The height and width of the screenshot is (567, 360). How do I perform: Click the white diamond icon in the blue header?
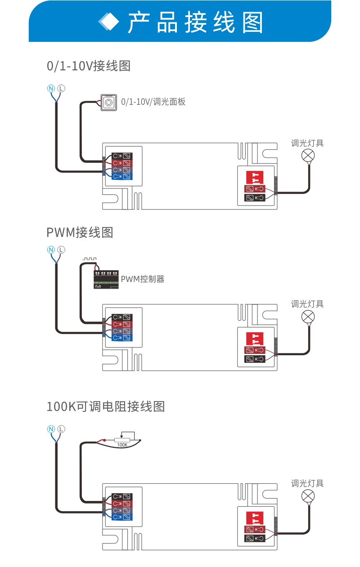tap(109, 22)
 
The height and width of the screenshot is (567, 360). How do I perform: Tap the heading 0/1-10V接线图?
tap(89, 66)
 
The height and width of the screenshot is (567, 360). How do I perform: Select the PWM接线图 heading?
tap(80, 232)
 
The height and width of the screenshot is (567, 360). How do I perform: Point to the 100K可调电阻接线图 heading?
tap(106, 406)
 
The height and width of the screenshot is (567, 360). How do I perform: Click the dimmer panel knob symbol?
tap(108, 102)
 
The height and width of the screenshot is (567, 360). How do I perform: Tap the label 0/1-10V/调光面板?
tap(153, 102)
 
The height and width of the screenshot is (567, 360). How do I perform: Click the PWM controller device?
tap(106, 279)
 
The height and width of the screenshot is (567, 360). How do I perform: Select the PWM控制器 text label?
tap(142, 279)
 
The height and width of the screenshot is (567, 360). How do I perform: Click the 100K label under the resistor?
tap(122, 445)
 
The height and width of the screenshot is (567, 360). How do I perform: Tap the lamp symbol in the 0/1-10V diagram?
tap(308, 156)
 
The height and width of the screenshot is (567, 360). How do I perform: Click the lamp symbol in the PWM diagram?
tap(308, 317)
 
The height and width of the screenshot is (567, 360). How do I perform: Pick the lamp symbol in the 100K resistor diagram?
tap(308, 496)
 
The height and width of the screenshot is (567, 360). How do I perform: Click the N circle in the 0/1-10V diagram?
tap(51, 88)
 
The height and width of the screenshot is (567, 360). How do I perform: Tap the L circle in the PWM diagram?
tap(61, 250)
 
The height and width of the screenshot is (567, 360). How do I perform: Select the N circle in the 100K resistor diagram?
tap(51, 429)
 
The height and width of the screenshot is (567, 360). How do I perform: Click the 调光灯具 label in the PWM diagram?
tap(307, 304)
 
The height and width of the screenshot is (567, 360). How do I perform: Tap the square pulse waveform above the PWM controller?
tap(90, 259)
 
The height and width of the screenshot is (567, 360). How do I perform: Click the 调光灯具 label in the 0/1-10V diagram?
tap(307, 143)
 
